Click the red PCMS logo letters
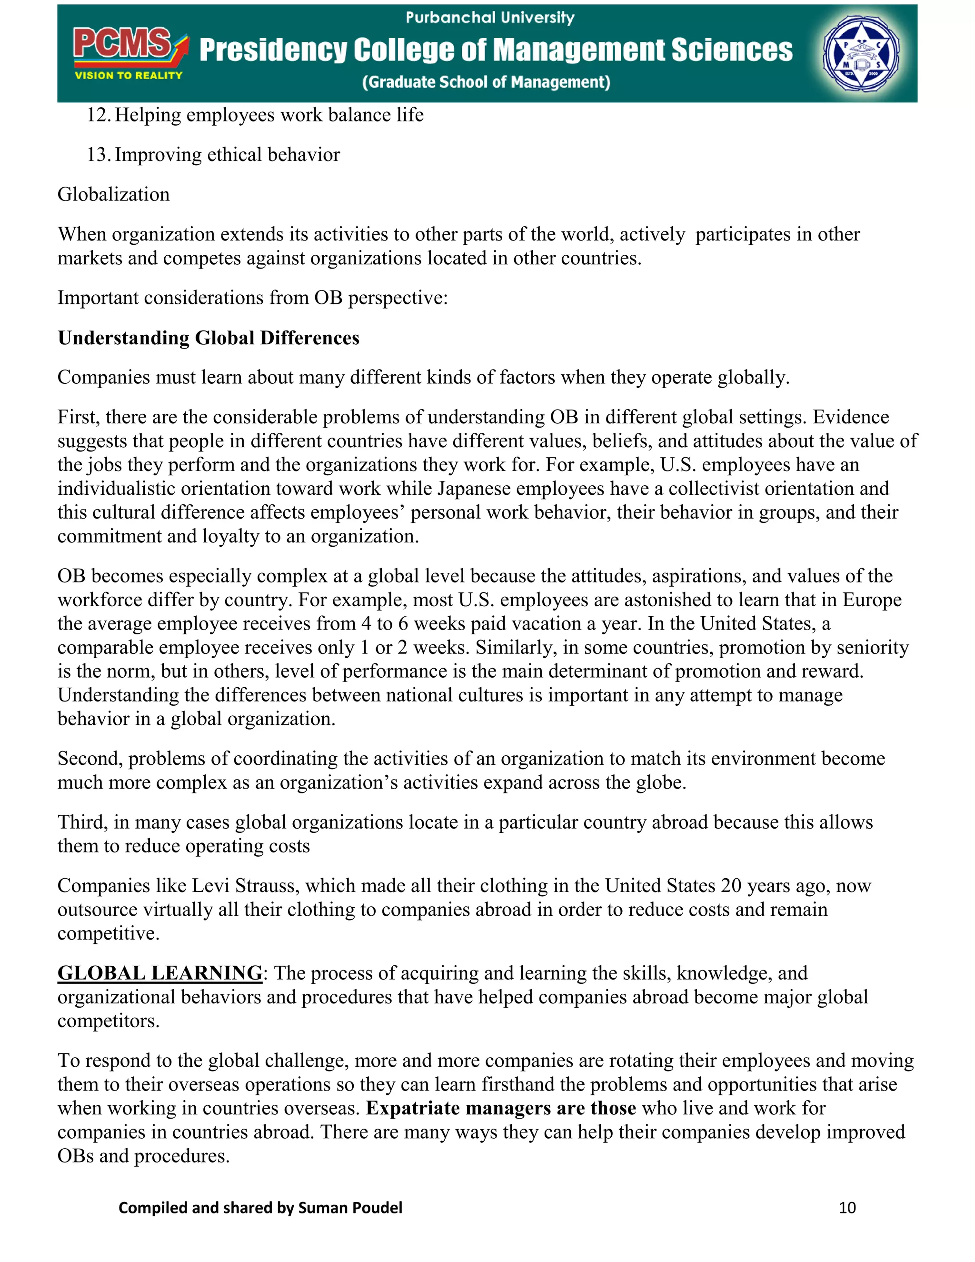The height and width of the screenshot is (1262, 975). pyautogui.click(x=122, y=44)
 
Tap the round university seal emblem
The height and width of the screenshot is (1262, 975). pyautogui.click(x=861, y=53)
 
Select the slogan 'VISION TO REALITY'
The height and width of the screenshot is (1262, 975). pyautogui.click(x=128, y=76)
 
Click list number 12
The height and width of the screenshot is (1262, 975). pyautogui.click(x=98, y=115)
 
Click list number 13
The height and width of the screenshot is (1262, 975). pyautogui.click(x=98, y=155)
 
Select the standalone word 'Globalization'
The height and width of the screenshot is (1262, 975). pyautogui.click(x=113, y=195)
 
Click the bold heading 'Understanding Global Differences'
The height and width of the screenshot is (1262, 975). pyautogui.click(x=209, y=338)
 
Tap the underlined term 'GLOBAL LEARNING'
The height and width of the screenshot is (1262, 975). pyautogui.click(x=160, y=973)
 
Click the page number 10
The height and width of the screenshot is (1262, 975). pyautogui.click(x=847, y=1208)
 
